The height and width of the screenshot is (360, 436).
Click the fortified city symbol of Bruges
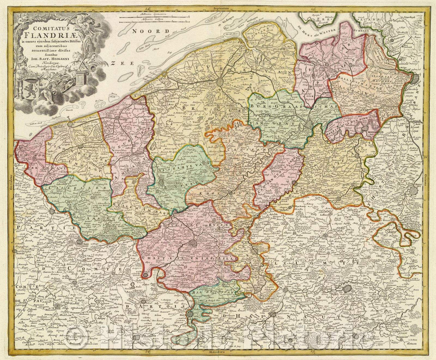coord(220,82)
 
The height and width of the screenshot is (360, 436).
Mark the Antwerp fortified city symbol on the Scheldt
coord(415,78)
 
